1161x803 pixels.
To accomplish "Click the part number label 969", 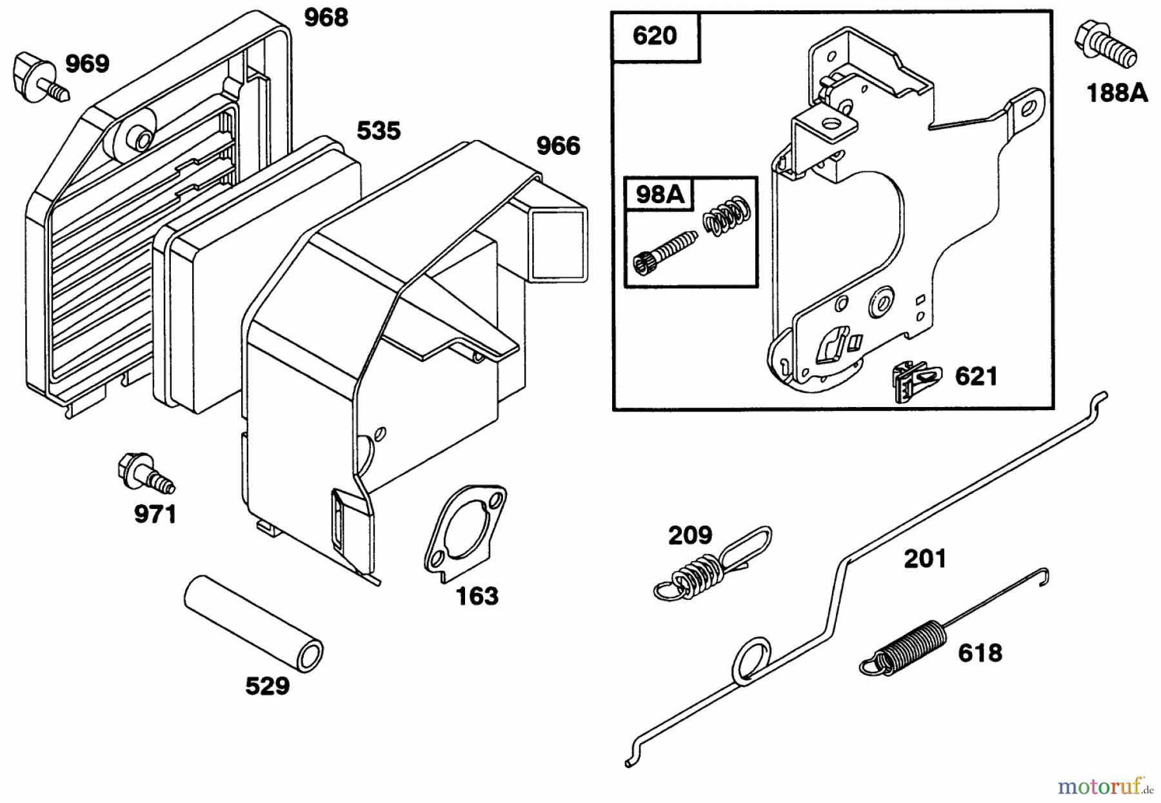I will click(87, 64).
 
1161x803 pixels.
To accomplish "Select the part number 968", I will click(326, 18).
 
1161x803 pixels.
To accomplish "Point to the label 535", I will click(379, 131).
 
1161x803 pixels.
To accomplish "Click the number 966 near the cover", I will click(558, 146).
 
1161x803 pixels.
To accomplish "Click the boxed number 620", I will click(655, 36).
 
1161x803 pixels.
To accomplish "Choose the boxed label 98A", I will click(659, 193).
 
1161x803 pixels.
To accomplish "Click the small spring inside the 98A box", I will click(726, 216).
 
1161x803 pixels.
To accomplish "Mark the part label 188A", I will click(1117, 94).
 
